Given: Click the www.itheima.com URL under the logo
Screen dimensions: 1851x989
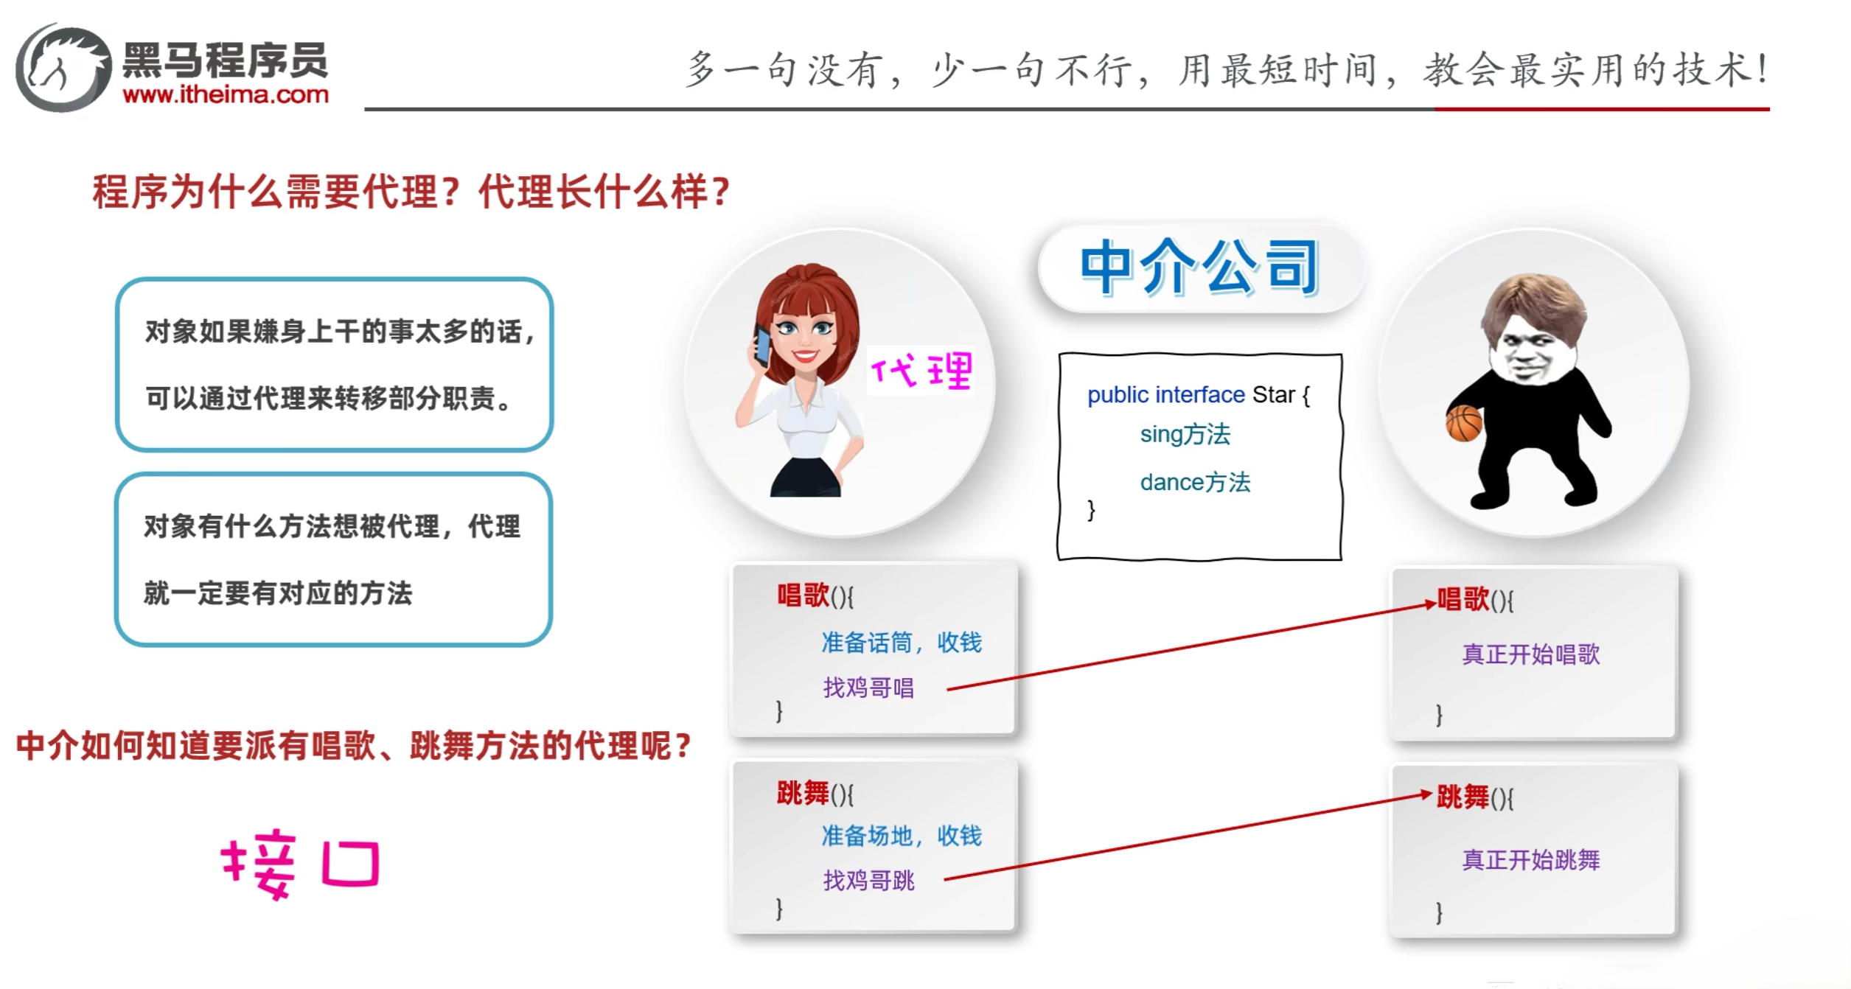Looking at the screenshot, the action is point(226,94).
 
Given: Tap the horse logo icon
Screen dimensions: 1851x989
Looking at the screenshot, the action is point(63,68).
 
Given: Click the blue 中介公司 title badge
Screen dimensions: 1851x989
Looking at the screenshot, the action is point(1200,268).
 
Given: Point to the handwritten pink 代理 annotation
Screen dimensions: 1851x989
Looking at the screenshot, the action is point(921,370).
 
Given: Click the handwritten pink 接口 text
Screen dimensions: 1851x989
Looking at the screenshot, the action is point(301,864).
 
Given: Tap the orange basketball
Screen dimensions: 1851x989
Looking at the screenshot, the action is point(1464,424).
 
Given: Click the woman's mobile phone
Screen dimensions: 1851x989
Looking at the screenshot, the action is point(762,345).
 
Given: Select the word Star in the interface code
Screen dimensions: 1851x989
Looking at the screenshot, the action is point(1274,395).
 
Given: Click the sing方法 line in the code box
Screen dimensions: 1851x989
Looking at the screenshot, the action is point(1185,435).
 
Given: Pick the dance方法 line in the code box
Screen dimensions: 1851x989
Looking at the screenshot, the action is point(1195,483).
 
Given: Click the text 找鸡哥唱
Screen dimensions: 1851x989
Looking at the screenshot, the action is point(868,688).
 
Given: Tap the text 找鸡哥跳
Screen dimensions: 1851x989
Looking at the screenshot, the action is point(868,881).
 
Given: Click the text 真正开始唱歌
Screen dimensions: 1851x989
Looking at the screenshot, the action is point(1531,654).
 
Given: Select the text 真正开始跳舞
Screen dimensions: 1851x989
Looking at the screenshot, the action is point(1531,860).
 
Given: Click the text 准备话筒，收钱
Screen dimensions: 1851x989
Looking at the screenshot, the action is point(902,643).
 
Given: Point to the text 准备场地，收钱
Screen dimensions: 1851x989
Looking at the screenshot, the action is point(902,836).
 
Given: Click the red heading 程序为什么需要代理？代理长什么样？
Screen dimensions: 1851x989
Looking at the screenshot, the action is point(411,192).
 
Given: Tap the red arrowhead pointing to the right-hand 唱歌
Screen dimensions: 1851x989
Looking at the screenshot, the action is point(1429,604).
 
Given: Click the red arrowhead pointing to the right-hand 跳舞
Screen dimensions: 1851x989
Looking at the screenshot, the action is point(1424,794).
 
